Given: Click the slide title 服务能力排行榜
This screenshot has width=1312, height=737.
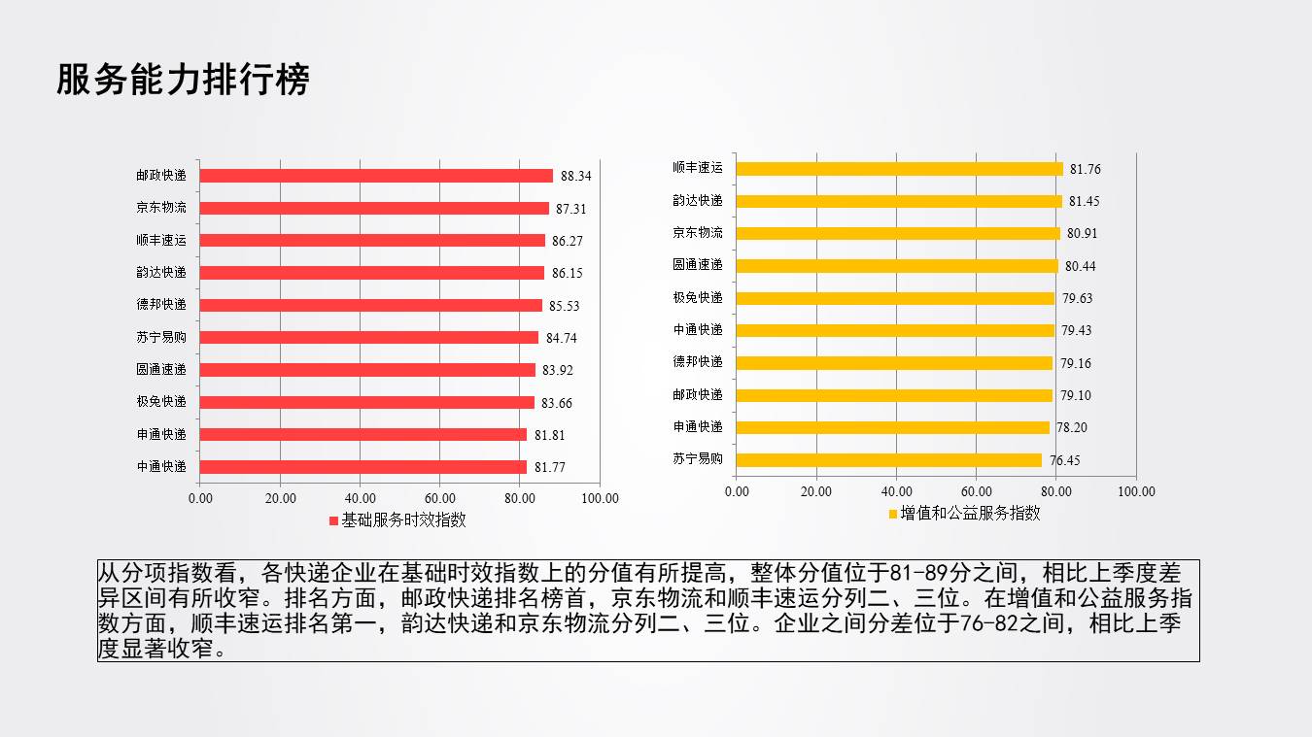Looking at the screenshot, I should tap(183, 80).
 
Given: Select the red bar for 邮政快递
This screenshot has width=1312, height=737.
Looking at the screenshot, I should tap(376, 176).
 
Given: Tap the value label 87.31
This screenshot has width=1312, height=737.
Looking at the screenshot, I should tap(570, 209).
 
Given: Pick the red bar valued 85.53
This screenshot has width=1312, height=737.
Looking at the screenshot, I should tap(370, 305).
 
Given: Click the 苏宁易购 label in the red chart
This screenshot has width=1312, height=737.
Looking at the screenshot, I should tap(161, 337).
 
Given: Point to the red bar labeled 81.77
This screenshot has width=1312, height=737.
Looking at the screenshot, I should tap(363, 466).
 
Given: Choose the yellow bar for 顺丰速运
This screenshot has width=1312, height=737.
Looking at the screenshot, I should tap(899, 168).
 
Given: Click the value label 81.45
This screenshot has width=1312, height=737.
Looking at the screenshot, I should tap(1085, 201).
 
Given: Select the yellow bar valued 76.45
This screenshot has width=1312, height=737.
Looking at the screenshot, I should tap(888, 459).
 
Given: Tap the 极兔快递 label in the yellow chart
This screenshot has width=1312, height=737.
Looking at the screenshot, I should tap(698, 297).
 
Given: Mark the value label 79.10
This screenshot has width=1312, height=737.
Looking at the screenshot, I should tap(1075, 395).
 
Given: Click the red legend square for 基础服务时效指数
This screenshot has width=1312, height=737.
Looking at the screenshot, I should tap(333, 520).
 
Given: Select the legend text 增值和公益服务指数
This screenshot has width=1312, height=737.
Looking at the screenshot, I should tap(970, 513).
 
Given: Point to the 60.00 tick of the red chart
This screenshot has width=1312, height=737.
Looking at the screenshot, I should tap(439, 498).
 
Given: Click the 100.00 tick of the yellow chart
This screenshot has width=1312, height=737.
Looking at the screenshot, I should tap(1135, 491).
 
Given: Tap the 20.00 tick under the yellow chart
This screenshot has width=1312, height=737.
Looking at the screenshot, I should tap(816, 491).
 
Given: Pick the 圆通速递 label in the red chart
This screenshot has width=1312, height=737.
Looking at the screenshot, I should tap(161, 369).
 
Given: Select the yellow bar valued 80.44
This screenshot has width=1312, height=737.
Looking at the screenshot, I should tap(896, 265).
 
